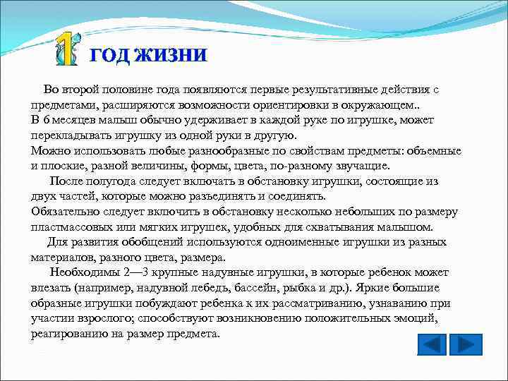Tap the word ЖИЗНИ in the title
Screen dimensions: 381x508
[x=175, y=55]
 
